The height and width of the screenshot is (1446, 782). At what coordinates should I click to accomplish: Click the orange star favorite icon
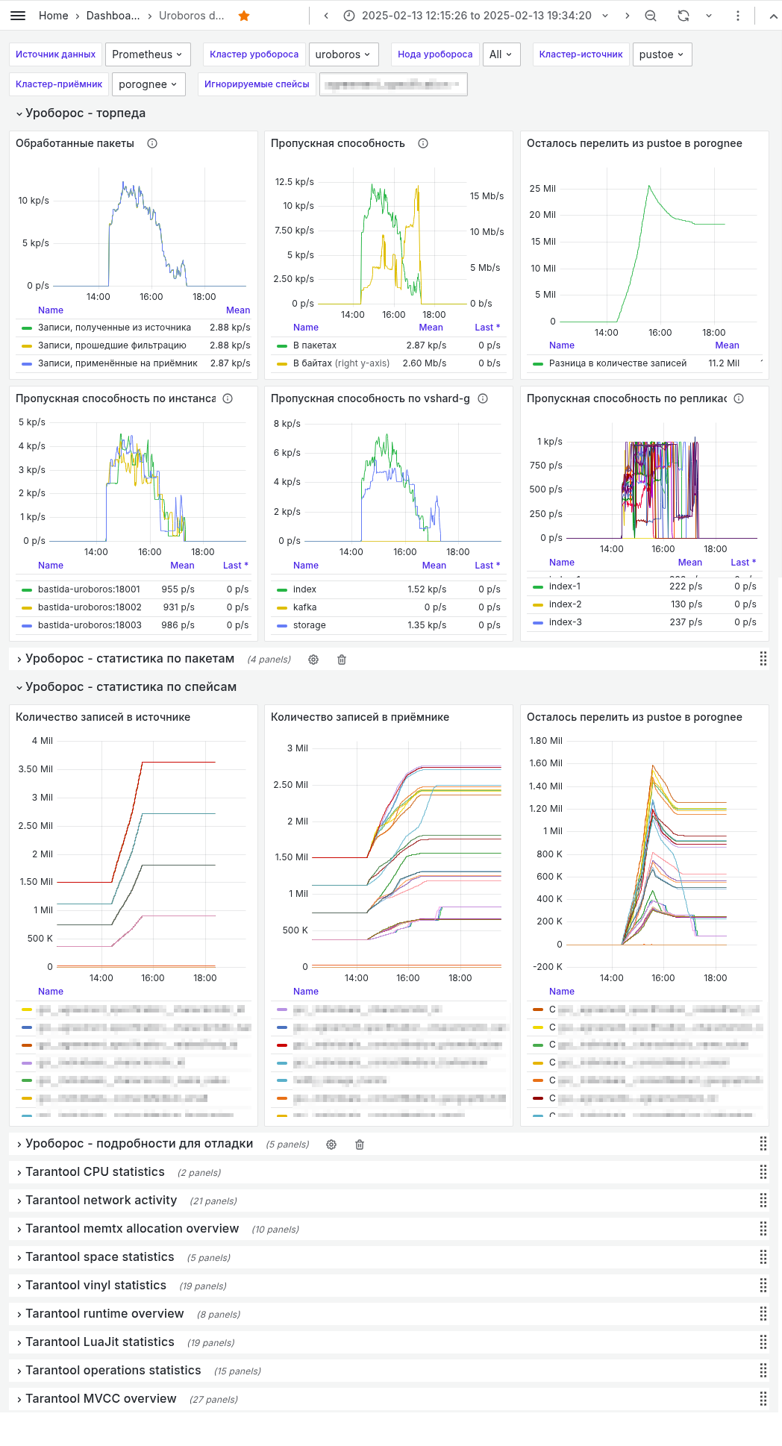point(244,16)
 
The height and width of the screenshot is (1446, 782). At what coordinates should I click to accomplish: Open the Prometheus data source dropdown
point(148,54)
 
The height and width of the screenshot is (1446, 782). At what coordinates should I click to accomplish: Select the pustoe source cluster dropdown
point(662,54)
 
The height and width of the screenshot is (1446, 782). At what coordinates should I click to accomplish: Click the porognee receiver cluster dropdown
point(148,84)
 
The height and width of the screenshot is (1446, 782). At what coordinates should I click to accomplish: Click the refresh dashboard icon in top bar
point(683,16)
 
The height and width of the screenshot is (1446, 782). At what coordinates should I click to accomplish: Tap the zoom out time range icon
point(651,16)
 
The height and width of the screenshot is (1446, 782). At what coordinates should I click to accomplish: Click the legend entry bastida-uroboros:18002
point(90,607)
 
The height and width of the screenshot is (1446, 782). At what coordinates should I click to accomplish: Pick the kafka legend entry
point(304,607)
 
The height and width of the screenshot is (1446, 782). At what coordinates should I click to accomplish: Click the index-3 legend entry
point(565,622)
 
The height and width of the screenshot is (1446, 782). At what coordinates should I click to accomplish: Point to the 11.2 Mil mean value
point(723,363)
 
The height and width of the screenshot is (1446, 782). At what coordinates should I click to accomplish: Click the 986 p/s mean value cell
point(178,625)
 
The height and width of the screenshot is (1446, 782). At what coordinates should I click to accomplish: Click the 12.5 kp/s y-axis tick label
point(294,182)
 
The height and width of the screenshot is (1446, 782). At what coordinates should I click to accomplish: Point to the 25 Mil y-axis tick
point(542,189)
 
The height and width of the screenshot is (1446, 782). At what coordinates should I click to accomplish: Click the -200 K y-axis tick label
point(548,967)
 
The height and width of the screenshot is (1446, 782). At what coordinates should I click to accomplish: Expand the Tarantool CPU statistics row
point(95,1172)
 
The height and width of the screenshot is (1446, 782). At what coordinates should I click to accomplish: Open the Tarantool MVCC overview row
point(101,1399)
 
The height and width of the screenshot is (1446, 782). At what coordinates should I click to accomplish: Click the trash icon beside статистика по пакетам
point(342,660)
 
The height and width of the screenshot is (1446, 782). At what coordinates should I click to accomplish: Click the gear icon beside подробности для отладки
point(331,1145)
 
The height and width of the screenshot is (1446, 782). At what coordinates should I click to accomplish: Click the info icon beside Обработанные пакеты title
point(152,143)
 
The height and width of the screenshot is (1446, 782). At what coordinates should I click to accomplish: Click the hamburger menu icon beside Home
point(19,16)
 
